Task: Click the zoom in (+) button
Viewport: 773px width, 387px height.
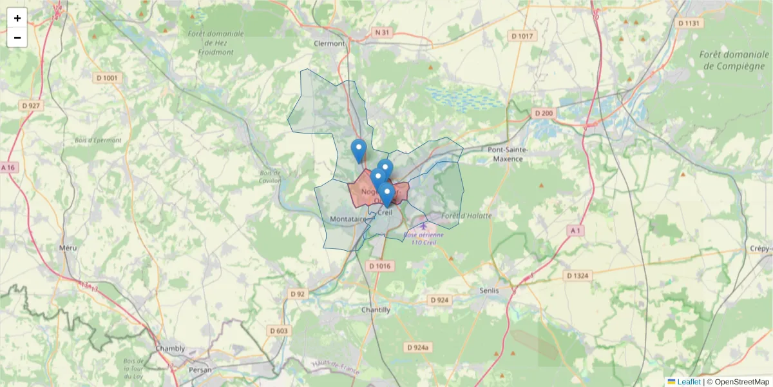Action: (17, 18)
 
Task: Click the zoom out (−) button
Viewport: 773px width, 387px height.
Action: (17, 37)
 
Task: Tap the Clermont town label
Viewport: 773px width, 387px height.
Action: (329, 44)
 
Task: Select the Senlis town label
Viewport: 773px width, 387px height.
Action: (489, 290)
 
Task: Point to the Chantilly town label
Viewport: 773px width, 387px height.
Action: (376, 310)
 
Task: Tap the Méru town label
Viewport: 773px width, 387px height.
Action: (68, 248)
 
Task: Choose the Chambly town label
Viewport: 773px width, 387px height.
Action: (170, 348)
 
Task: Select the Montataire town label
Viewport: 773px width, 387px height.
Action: (348, 219)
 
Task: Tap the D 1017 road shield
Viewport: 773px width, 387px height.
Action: (522, 36)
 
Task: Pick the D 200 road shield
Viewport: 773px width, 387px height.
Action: (544, 114)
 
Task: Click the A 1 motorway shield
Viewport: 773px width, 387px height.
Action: (575, 230)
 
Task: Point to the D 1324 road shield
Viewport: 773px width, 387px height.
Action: (578, 275)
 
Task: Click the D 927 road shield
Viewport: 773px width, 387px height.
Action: (30, 105)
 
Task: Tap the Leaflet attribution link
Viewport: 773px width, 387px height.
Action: (689, 382)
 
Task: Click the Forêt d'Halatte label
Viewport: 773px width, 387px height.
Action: (468, 216)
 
